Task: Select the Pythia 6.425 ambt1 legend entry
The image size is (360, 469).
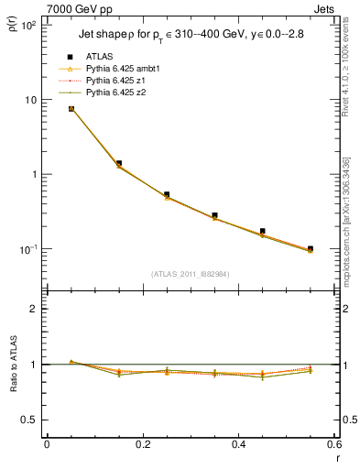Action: [124, 69]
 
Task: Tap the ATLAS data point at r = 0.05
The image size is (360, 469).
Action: [71, 108]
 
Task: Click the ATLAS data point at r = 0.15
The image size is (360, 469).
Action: [119, 163]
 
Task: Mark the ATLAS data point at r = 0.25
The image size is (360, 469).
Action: [167, 194]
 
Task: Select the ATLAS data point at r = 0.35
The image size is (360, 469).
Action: [214, 215]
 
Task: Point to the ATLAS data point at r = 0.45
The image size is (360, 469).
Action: [262, 232]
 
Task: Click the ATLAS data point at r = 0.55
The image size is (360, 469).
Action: [310, 248]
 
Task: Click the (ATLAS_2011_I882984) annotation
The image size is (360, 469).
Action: [191, 274]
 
